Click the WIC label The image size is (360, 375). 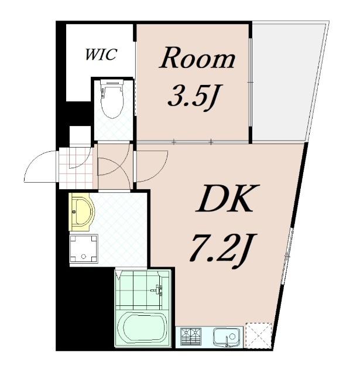pos(101,54)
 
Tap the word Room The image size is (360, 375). pos(197,58)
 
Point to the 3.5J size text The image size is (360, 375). pos(196,98)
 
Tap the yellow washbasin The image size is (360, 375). pos(81,212)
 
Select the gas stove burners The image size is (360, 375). pos(191,337)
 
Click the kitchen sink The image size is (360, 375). pos(227,337)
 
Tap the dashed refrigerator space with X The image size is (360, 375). pos(259,336)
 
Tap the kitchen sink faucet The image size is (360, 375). pos(227,341)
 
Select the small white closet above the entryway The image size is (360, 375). pos(80,134)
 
